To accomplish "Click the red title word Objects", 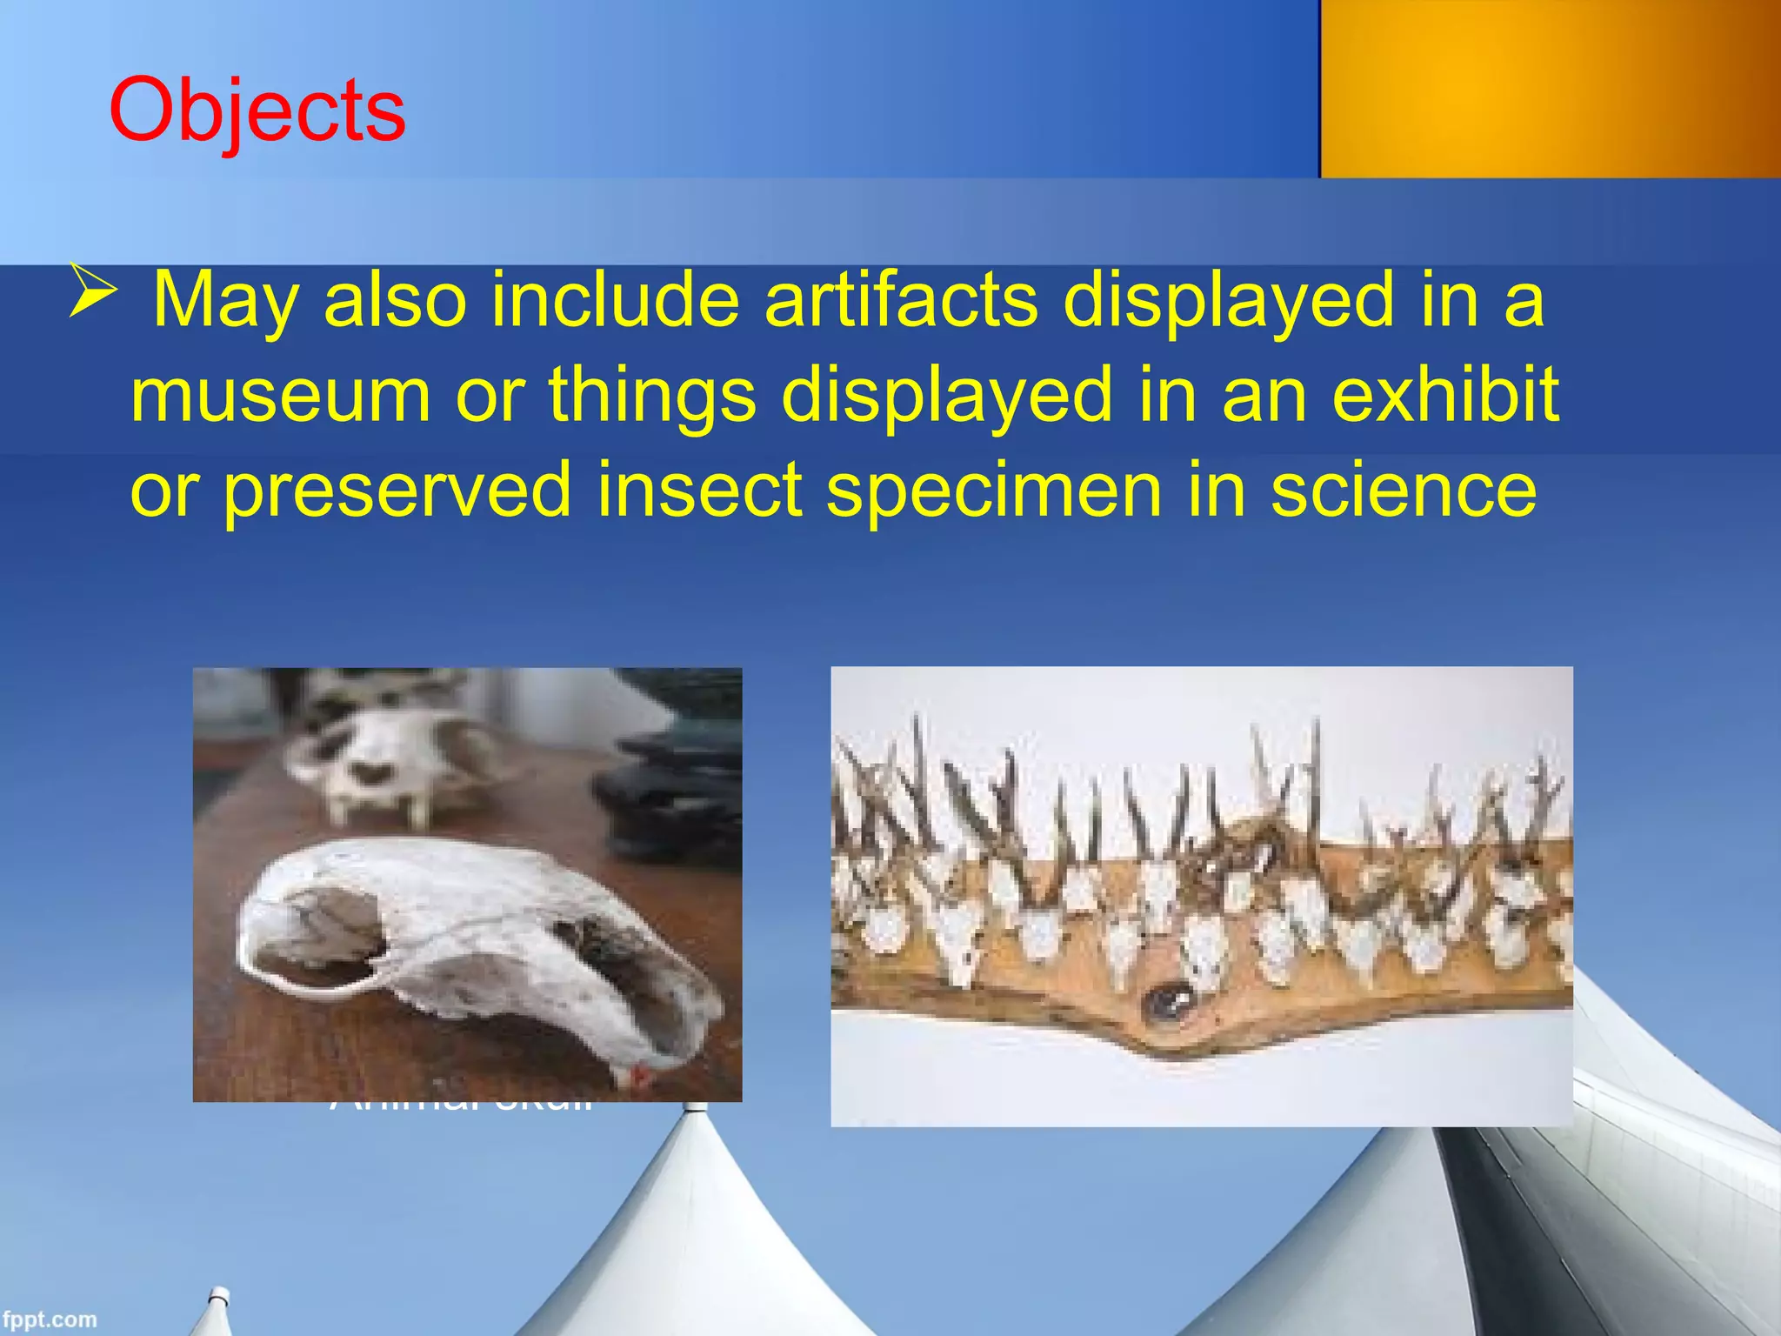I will click(257, 111).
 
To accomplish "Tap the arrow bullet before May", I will click(90, 291).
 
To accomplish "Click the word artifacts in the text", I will click(901, 299).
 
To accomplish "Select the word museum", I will click(281, 394).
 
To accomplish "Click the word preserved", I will click(397, 490).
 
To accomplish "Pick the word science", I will click(1404, 490).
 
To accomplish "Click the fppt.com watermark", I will click(49, 1319).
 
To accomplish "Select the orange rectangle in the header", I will click(1550, 89).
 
